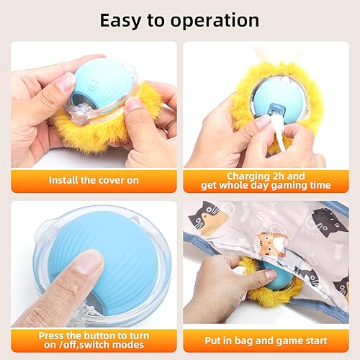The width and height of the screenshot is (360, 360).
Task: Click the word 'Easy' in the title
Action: (x=122, y=19)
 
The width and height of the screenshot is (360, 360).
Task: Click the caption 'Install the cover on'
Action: (x=94, y=180)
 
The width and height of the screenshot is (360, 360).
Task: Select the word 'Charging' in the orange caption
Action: (x=242, y=174)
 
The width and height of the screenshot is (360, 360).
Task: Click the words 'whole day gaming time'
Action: (x=276, y=186)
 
